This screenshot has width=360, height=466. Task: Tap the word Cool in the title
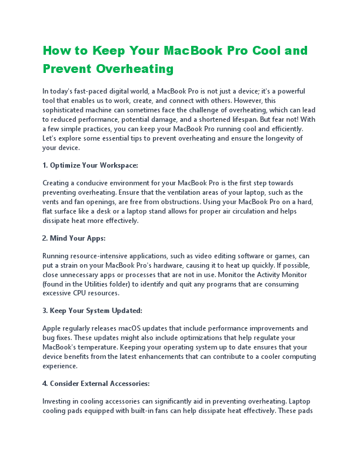(256, 50)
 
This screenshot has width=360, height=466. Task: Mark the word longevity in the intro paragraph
(274, 138)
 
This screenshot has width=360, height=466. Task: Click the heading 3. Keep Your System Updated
(92, 310)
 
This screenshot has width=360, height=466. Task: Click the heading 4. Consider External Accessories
(96, 383)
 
